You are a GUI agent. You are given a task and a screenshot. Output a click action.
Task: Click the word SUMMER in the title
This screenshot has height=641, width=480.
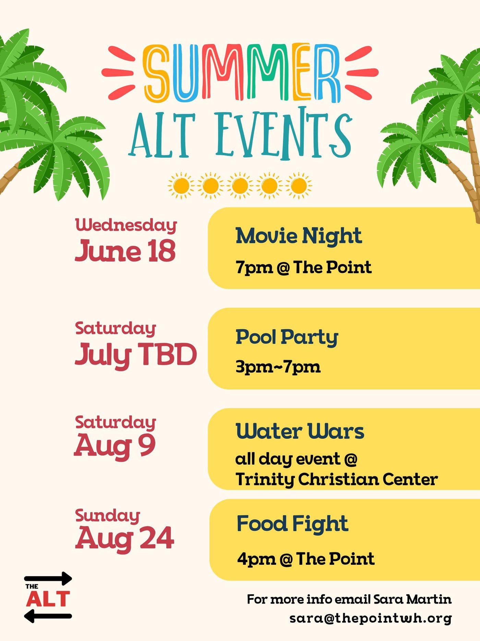242,73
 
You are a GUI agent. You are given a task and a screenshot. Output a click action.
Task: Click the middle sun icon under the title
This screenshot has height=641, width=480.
240,186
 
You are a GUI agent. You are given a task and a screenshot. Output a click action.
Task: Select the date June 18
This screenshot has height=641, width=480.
125,251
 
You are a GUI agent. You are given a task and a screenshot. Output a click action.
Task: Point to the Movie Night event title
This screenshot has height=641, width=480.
299,236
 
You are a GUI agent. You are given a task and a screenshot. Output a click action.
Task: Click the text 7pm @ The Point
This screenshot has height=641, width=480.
303,267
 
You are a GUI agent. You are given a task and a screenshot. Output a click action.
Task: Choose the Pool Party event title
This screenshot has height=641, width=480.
287,337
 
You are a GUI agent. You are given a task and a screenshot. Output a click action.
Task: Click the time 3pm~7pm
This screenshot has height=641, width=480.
278,367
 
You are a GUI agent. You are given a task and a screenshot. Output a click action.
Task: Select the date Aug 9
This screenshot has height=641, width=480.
115,446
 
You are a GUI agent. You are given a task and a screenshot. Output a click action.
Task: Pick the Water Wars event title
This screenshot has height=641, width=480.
300,431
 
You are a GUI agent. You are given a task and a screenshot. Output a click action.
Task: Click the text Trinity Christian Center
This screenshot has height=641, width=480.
337,479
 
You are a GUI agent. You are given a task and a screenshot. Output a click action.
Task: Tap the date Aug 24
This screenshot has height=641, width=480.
124,539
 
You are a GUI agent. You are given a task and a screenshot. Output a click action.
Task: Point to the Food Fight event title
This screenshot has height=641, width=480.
292,524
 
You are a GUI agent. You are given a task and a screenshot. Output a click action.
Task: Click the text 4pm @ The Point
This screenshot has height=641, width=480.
306,559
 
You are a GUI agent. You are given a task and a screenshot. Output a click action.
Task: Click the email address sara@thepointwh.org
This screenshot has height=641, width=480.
371,618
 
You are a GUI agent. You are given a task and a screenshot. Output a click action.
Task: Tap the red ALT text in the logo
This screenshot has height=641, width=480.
48,599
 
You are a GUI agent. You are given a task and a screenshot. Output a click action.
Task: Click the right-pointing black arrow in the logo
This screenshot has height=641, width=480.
48,579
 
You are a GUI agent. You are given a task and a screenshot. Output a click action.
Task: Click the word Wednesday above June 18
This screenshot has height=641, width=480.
126,225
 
